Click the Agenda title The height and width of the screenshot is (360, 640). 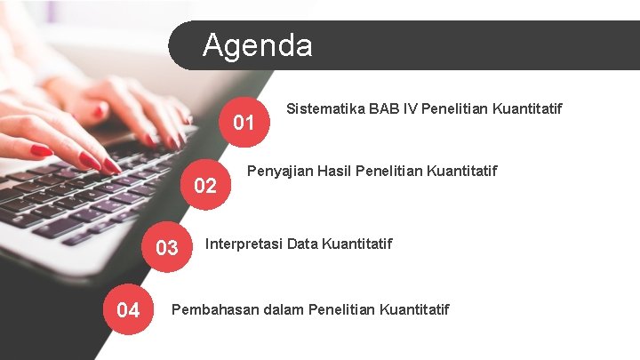coord(257,44)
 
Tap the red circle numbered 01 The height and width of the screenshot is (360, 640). coord(244,123)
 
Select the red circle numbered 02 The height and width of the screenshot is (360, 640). coord(205,185)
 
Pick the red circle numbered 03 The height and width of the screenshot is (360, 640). coord(167,247)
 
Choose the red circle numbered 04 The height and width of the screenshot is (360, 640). coord(128,310)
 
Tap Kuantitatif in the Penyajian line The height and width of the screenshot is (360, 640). coord(463,171)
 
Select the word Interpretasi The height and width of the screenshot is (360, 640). coord(244,244)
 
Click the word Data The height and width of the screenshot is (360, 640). coord(303,244)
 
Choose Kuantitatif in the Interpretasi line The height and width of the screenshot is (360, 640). coord(357,244)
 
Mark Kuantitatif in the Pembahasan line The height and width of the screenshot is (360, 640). coord(414,309)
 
